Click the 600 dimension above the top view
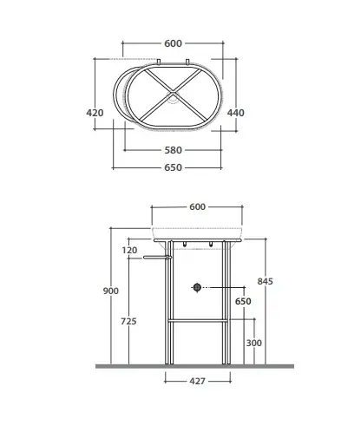(173, 43)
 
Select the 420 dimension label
(95, 113)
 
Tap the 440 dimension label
(236, 113)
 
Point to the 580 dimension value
(173, 150)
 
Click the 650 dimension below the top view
(173, 167)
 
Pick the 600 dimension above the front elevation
(197, 206)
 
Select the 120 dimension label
(129, 250)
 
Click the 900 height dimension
(111, 291)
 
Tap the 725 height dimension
(128, 321)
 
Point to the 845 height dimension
(266, 281)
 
